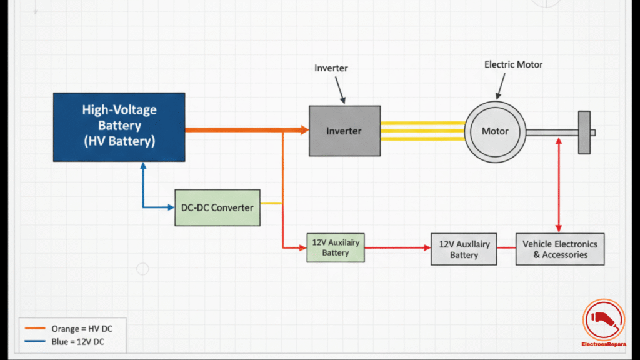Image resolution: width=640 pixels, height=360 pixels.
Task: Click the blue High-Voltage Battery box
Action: [119, 126]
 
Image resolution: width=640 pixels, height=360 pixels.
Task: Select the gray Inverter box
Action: [344, 131]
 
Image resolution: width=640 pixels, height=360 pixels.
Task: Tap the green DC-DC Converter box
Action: [217, 207]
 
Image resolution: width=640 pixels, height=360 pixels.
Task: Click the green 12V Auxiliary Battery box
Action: [335, 248]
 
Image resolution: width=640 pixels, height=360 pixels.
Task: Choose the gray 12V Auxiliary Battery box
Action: [464, 250]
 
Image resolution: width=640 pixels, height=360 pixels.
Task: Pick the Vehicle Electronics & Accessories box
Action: [560, 250]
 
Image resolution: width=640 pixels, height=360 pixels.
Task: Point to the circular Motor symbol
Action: [494, 132]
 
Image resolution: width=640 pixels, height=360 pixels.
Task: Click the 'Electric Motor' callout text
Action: [514, 64]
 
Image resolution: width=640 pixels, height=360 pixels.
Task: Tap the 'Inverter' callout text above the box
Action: [331, 67]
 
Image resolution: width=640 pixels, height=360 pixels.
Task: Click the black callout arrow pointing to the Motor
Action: [503, 85]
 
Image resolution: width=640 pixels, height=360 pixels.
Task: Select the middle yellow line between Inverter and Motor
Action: [422, 131]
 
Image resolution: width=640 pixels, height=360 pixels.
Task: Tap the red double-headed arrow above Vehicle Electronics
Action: [558, 184]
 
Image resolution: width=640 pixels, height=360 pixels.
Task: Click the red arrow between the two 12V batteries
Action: [397, 248]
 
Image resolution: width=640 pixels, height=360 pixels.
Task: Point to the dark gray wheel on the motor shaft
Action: [584, 132]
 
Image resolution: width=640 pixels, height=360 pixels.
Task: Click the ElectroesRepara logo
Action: [603, 323]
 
